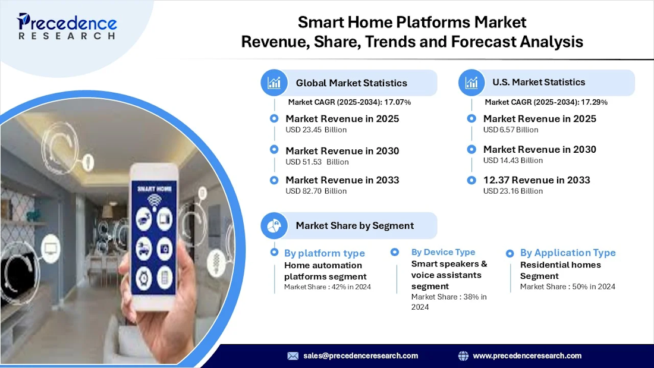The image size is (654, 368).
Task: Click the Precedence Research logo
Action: coord(67,26)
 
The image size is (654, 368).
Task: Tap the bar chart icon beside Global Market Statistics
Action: coord(274,83)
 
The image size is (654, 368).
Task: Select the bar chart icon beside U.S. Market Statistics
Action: coord(471,83)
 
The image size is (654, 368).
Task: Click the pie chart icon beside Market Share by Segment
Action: coord(274,226)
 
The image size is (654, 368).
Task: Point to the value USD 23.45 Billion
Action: coord(316,130)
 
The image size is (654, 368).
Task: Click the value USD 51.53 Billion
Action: coord(317,162)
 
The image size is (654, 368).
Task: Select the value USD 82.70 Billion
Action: coord(316,191)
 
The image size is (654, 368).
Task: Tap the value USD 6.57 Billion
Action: coord(511,130)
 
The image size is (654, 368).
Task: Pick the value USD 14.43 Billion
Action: coord(512,160)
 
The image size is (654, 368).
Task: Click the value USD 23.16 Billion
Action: coord(512,191)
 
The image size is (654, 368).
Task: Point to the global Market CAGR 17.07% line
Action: coord(350,102)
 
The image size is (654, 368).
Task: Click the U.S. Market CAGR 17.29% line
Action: coord(546,102)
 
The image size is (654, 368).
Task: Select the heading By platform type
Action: coord(325,253)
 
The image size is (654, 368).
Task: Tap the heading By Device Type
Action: coord(443,252)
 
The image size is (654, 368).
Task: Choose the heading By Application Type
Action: coord(568,253)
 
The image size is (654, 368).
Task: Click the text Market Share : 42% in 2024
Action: coord(328,287)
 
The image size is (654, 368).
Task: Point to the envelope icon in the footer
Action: coord(293,356)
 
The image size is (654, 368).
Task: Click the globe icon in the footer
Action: coord(463,356)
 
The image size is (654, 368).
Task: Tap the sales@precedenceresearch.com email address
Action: coord(360,356)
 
